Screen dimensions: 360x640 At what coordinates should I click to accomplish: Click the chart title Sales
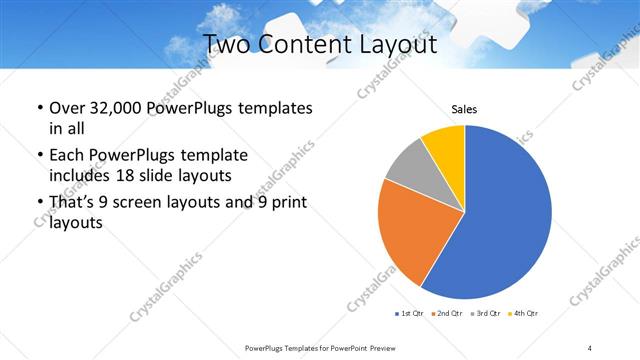pos(464,109)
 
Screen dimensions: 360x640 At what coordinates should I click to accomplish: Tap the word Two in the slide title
pos(226,45)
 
